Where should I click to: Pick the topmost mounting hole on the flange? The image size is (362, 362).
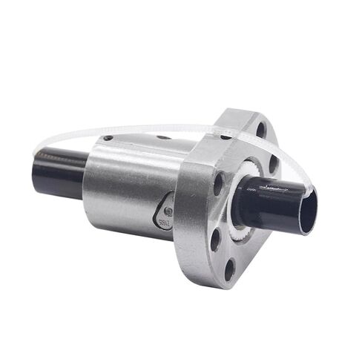pos(261,128)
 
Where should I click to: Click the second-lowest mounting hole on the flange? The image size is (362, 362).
pos(215,237)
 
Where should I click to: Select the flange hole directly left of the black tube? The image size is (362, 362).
pos(219,182)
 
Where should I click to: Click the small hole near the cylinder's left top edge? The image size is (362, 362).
pos(108,138)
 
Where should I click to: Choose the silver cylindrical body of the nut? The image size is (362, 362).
pos(126,185)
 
